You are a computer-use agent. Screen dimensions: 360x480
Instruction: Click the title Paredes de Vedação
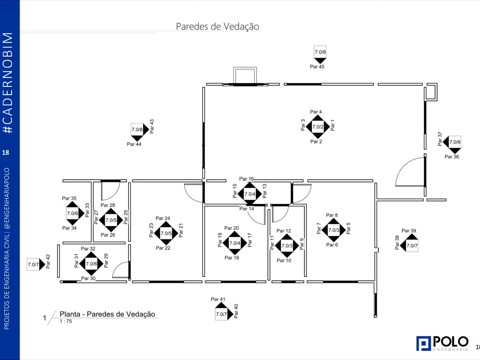(217, 26)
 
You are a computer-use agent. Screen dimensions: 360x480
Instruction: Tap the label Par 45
(317, 67)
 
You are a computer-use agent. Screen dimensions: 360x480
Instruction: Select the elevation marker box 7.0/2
(318, 127)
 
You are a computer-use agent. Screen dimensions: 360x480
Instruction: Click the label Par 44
(134, 144)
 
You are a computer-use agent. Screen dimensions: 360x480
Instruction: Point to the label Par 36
(452, 156)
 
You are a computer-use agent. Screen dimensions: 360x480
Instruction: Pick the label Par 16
(246, 179)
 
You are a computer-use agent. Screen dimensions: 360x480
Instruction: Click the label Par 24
(163, 218)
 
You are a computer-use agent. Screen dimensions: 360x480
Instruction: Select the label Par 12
(284, 231)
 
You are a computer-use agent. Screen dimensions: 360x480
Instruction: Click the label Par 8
(332, 216)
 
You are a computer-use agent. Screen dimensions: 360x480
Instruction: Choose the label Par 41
(218, 300)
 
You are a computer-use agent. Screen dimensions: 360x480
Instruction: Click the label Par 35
(69, 198)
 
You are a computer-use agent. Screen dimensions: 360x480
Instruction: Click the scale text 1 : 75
(66, 322)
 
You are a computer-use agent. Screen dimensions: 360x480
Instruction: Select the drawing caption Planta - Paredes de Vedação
(108, 314)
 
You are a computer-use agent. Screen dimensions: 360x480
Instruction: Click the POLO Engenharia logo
(442, 343)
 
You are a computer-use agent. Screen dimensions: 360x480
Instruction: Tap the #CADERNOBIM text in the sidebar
(8, 84)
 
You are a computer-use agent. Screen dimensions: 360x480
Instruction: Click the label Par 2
(316, 142)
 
